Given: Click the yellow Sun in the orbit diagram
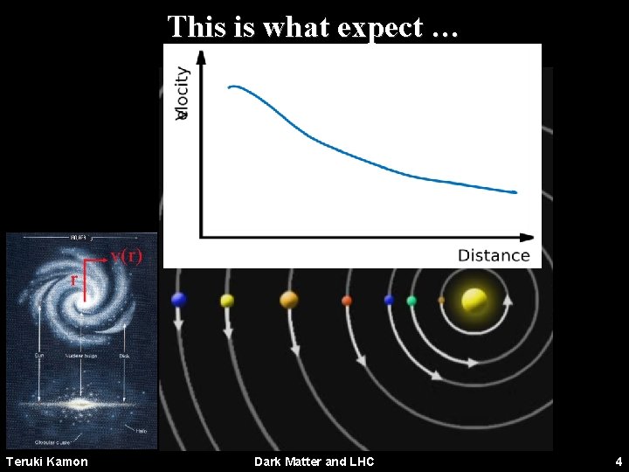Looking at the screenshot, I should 474,300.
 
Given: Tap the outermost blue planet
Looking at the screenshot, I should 179,300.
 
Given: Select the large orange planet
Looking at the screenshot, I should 289,300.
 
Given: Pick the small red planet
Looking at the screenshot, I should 347,301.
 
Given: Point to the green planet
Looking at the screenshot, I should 411,301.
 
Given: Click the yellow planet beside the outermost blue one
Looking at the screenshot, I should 227,301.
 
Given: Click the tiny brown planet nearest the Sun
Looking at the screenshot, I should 441,300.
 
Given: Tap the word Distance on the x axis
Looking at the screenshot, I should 494,255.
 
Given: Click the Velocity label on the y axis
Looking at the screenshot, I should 182,93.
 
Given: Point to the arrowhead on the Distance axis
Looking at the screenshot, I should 527,237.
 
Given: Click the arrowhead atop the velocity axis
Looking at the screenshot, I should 201,57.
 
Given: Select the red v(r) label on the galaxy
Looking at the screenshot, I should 126,256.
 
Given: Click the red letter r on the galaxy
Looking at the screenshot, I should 74,279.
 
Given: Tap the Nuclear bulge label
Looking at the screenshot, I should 80,357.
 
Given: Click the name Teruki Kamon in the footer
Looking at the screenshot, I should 47,461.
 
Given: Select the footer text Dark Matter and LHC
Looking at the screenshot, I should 314,461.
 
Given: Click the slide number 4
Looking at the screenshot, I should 618,461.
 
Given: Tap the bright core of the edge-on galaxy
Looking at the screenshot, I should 81,405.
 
